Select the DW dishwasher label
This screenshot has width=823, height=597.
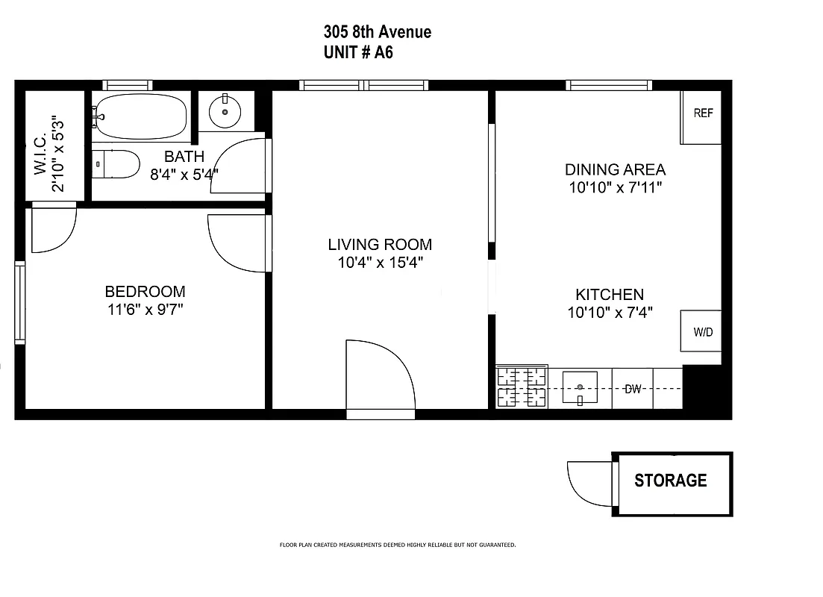pos(633,389)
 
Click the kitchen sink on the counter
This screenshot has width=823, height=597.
pos(580,388)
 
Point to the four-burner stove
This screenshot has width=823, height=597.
pos(522,387)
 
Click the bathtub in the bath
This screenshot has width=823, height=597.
pos(141,116)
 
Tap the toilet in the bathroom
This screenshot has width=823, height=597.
pos(118,164)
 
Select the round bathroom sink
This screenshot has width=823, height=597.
pos(225,113)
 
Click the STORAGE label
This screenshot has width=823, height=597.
pos(670,481)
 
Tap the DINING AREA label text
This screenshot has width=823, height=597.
pos(615,169)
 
